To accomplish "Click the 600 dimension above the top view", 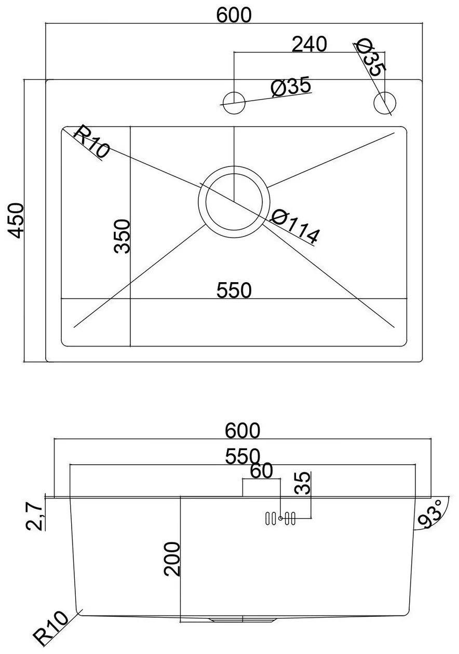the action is (234, 15).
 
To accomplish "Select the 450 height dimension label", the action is (15, 221).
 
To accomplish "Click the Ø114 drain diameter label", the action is (295, 226).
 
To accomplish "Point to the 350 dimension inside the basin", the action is (122, 236).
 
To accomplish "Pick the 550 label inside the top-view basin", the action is (234, 290).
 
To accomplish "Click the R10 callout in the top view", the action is (91, 141).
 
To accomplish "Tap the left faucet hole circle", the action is (234, 103).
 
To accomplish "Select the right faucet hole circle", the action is (385, 103).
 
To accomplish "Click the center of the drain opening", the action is (234, 202).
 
